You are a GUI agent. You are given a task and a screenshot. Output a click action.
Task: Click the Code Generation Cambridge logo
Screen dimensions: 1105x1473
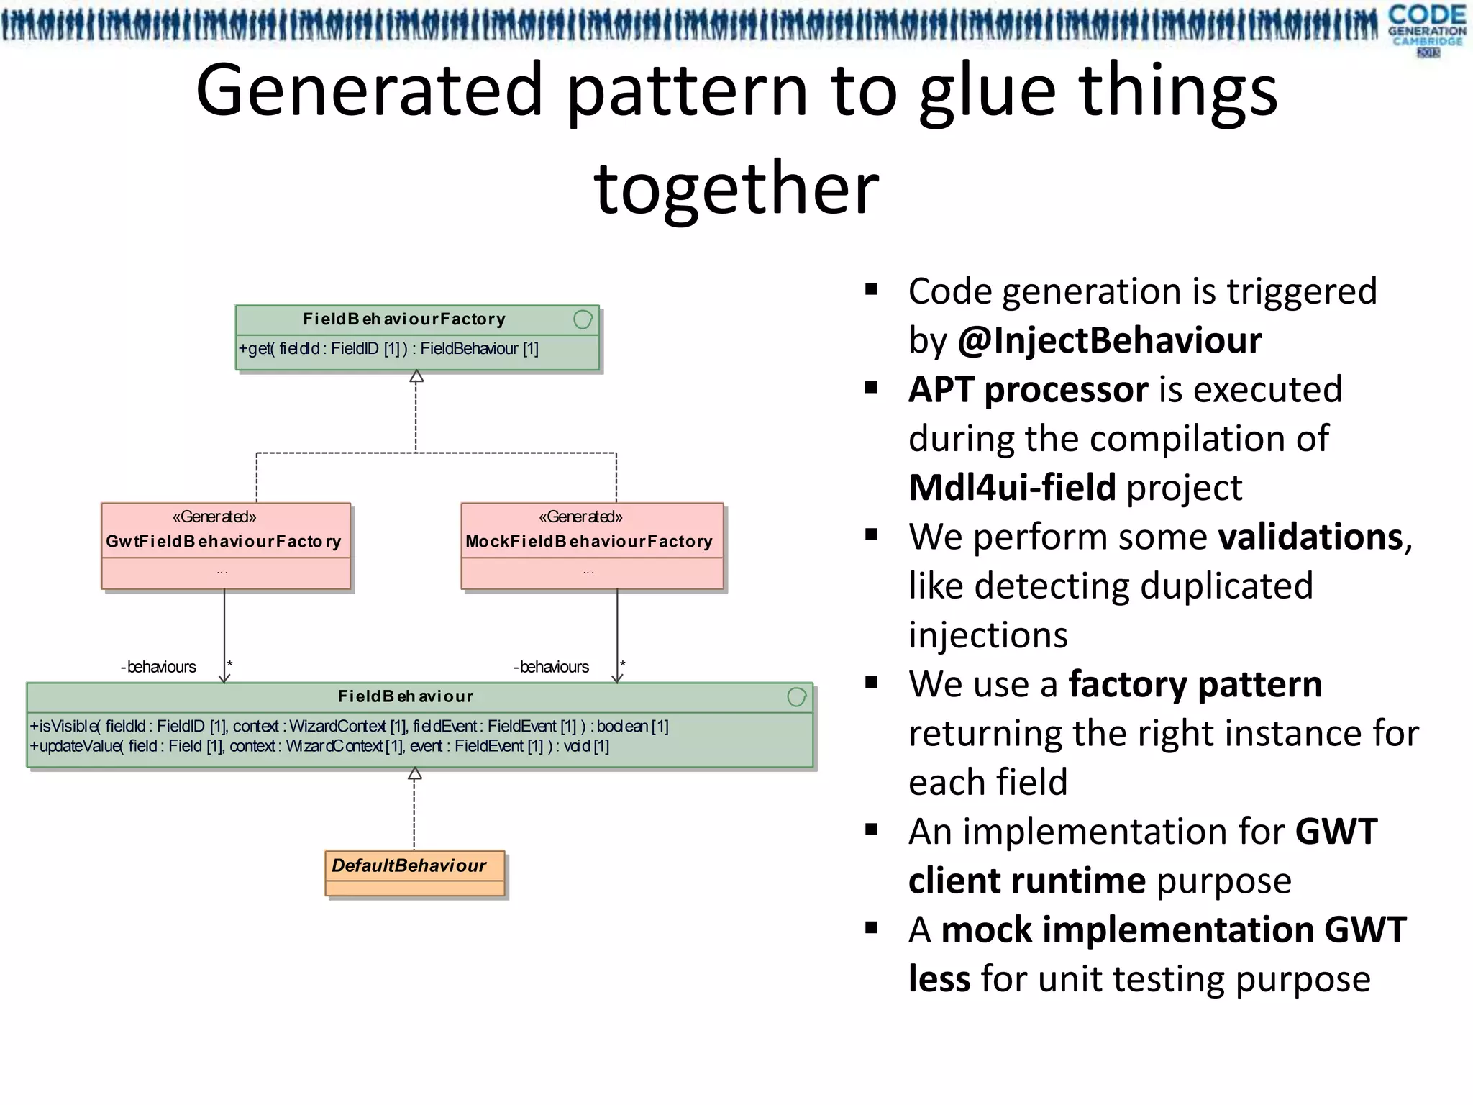click(1426, 29)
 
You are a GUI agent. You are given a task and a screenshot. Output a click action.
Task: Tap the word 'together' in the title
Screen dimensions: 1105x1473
click(736, 188)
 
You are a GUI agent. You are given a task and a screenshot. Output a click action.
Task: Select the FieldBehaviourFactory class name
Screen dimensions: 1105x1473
click(403, 319)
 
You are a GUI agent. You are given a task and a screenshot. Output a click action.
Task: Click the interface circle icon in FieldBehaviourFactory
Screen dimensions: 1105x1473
click(583, 319)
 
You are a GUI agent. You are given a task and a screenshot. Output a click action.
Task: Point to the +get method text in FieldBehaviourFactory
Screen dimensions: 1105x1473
click(388, 349)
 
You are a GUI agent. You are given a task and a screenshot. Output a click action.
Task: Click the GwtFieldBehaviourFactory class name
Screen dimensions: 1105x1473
click(224, 541)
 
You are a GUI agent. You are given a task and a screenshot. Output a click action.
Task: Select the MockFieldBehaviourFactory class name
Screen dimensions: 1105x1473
click(589, 541)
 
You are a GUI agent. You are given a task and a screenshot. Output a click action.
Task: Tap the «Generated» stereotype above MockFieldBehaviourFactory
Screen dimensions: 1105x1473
click(580, 517)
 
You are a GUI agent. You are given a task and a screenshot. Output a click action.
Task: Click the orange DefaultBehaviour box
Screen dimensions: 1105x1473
click(414, 872)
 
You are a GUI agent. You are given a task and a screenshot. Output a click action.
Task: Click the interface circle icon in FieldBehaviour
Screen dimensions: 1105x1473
click(796, 696)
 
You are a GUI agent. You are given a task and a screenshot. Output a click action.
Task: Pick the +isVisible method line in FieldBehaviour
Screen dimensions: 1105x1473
click(349, 727)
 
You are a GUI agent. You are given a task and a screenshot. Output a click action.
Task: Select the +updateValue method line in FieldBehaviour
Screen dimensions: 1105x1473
click(319, 747)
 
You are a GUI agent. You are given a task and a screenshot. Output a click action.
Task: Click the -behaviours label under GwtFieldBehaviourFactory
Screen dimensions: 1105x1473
click(158, 667)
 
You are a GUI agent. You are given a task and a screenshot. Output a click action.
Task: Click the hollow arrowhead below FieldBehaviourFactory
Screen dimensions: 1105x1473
click(416, 376)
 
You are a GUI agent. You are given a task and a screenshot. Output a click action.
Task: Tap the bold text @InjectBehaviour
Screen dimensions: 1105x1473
click(1110, 340)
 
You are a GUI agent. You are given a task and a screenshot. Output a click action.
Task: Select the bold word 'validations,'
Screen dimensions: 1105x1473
click(1315, 537)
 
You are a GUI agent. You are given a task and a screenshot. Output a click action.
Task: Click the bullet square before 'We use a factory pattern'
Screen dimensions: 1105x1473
click(872, 683)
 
